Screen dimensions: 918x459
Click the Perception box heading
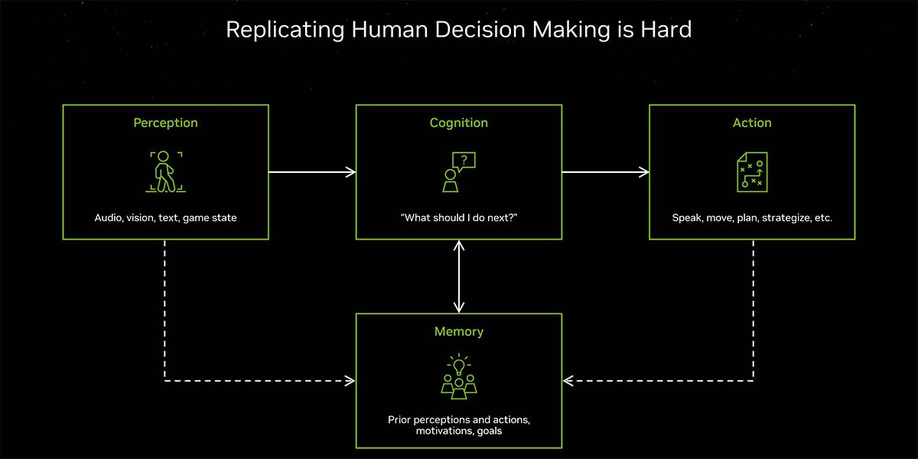[x=165, y=123]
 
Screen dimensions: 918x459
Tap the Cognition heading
[x=458, y=123]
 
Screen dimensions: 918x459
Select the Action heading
[x=752, y=122]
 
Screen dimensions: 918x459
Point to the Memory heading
[x=458, y=331]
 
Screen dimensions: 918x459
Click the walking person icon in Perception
[x=164, y=171]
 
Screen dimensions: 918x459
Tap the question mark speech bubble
[x=464, y=161]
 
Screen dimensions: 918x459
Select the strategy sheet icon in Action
[x=752, y=172]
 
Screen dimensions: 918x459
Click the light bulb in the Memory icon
[x=458, y=366]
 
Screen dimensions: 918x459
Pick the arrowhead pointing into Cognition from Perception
[x=351, y=172]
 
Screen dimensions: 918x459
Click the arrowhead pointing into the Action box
[x=644, y=172]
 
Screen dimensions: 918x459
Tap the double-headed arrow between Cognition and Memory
[x=458, y=277]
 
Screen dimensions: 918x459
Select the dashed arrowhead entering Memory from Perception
[x=350, y=381]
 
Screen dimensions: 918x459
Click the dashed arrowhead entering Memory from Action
[x=568, y=381]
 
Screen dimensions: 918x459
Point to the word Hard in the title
[x=666, y=30]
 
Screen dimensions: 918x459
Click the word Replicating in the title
[x=285, y=31]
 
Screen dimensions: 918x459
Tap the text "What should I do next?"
[x=458, y=217]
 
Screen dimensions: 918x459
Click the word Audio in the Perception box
[x=109, y=217]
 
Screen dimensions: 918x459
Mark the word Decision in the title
[x=480, y=30]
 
